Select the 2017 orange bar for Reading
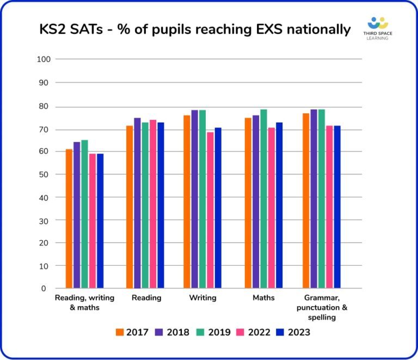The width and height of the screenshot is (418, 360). pyautogui.click(x=130, y=207)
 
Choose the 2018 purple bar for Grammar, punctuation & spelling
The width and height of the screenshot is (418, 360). pyautogui.click(x=313, y=199)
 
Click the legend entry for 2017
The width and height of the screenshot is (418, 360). pyautogui.click(x=132, y=332)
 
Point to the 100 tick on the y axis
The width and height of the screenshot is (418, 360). pyautogui.click(x=43, y=59)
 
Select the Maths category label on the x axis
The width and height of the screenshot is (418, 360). pyautogui.click(x=263, y=298)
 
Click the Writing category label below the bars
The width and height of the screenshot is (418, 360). pyautogui.click(x=202, y=298)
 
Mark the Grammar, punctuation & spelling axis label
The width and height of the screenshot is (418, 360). pyautogui.click(x=322, y=307)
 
